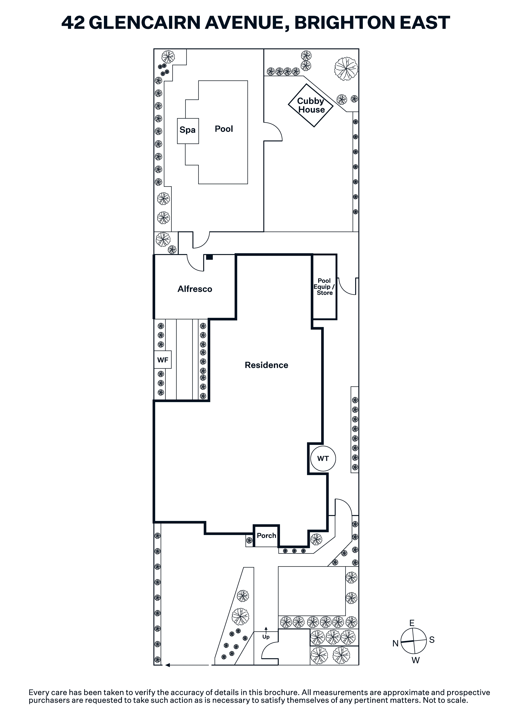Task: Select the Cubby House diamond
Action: point(311,105)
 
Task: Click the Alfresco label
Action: point(195,289)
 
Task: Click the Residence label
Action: point(266,365)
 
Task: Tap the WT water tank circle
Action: point(323,459)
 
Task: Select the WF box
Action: point(163,360)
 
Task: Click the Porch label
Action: point(266,536)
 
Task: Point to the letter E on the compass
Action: point(412,623)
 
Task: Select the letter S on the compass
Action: point(432,640)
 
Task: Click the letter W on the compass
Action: point(416,660)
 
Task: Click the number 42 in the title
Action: point(73,23)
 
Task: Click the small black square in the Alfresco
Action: point(209,257)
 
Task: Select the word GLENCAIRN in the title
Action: point(145,23)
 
